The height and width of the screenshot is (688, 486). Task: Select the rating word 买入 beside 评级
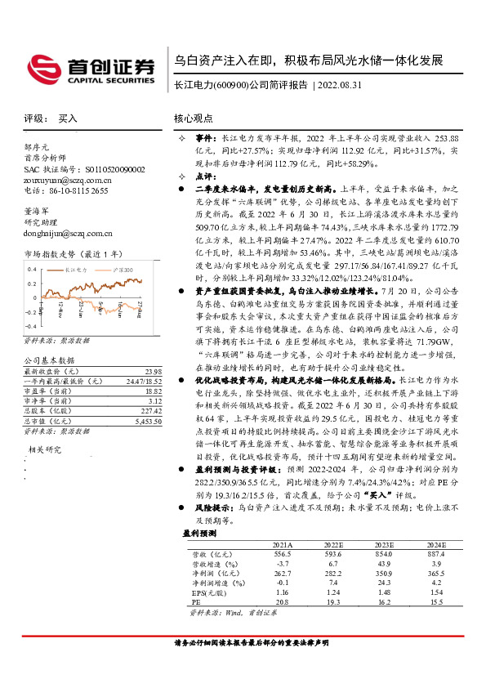(69, 118)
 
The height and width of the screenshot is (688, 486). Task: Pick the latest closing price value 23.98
(153, 370)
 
